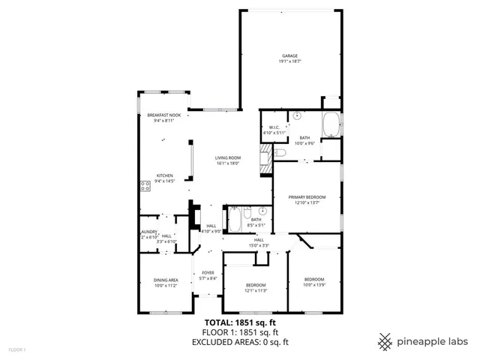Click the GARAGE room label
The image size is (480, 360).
[290, 56]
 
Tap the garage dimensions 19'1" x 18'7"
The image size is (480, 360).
[290, 61]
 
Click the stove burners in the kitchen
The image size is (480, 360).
[144, 186]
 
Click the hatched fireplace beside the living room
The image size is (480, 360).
[265, 159]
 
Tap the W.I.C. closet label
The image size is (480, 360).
[274, 127]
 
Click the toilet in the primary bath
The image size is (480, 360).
[280, 153]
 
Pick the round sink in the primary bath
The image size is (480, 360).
[296, 116]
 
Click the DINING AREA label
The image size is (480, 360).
[166, 280]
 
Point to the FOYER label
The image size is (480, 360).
[207, 272]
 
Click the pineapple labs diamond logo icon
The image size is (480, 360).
[385, 341]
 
